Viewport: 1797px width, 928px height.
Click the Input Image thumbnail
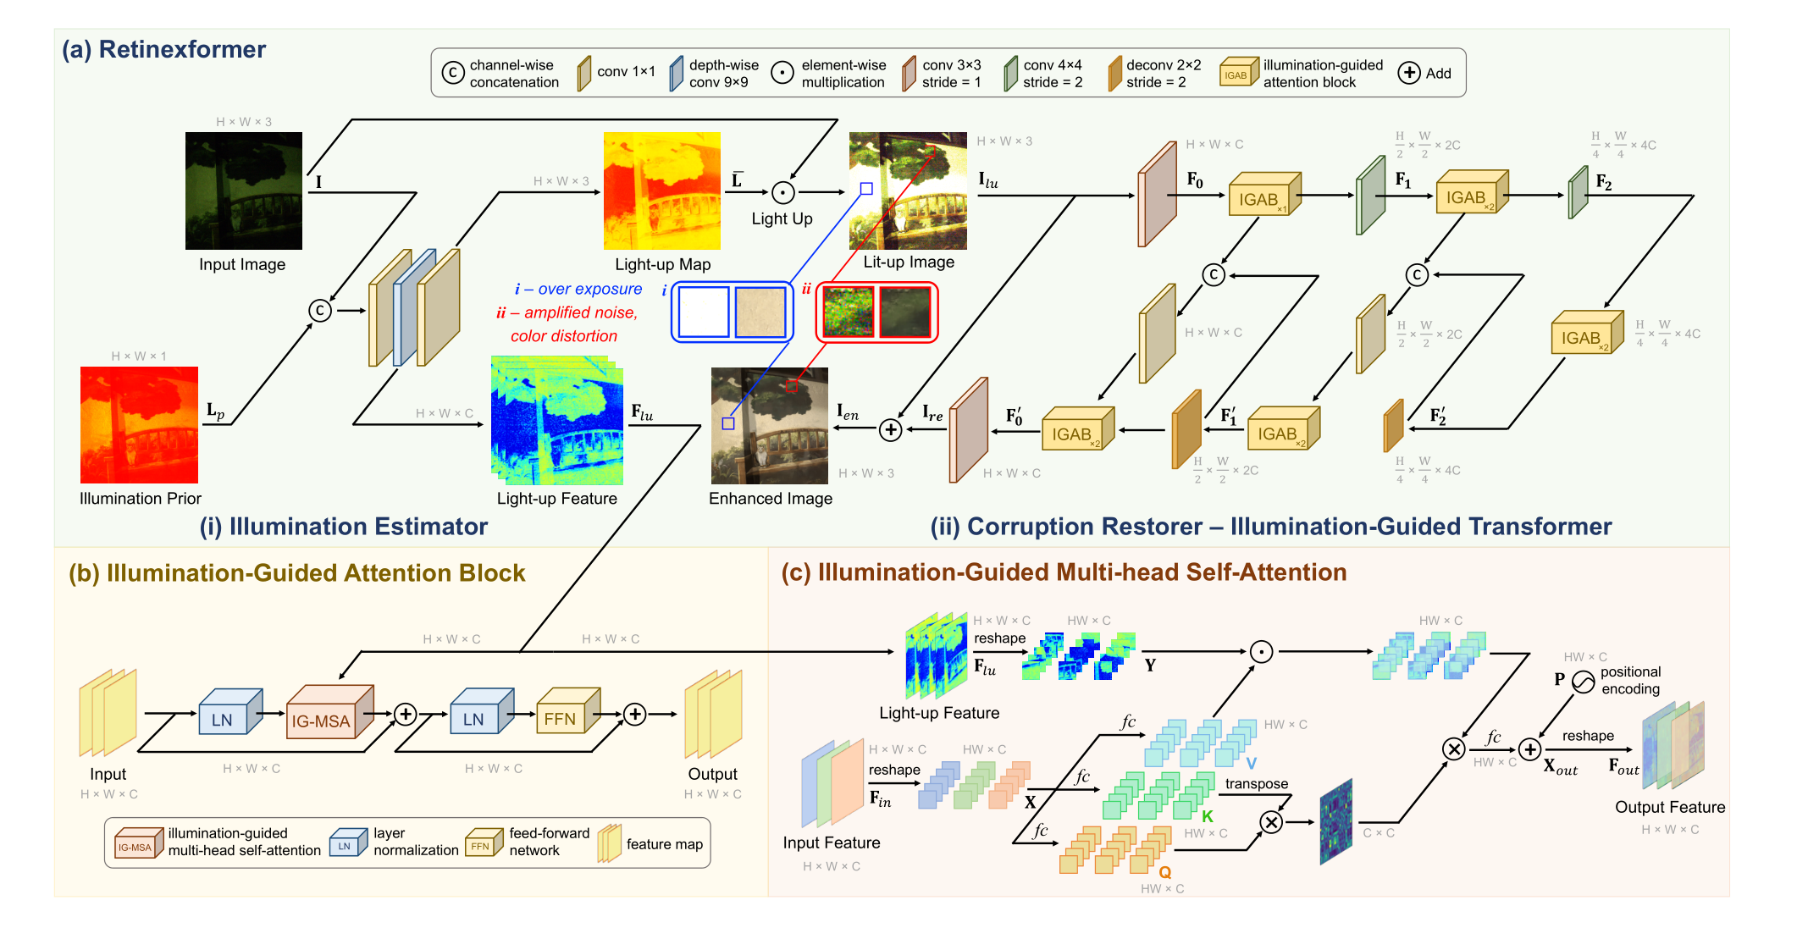pyautogui.click(x=244, y=191)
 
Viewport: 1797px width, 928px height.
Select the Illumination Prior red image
pyautogui.click(x=139, y=425)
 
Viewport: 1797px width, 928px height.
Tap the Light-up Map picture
pyautogui.click(x=662, y=191)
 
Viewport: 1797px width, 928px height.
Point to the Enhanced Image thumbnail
pyautogui.click(x=770, y=426)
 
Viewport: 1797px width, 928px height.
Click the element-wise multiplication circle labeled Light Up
pyautogui.click(x=783, y=193)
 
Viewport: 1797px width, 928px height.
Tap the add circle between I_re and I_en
pyautogui.click(x=890, y=430)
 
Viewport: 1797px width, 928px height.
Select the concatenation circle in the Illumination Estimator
pyautogui.click(x=319, y=311)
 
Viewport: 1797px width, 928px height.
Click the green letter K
pyautogui.click(x=1208, y=816)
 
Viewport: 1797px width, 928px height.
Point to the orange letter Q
pyautogui.click(x=1165, y=872)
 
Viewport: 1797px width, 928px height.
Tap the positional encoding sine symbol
pyautogui.click(x=1584, y=681)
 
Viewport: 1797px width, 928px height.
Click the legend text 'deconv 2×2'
pyautogui.click(x=1164, y=65)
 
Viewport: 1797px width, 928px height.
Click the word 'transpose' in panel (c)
pyautogui.click(x=1257, y=784)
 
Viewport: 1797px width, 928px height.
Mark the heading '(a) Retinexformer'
pyautogui.click(x=164, y=49)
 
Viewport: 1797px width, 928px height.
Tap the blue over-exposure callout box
pyautogui.click(x=733, y=312)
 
